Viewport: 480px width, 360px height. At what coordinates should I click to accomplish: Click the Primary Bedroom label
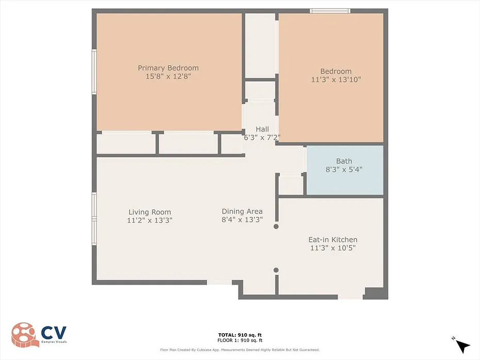pos(168,68)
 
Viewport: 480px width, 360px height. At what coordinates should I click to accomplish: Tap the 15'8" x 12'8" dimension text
pos(168,76)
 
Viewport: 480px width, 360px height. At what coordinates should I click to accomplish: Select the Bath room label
pos(344,161)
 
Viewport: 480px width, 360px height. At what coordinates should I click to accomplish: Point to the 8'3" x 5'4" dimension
pos(344,169)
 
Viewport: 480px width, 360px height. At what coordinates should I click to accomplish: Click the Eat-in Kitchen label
pos(333,239)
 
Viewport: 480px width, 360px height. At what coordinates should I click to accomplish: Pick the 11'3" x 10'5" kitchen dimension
pos(333,248)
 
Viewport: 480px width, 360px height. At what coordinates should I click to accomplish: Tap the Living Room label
pos(150,212)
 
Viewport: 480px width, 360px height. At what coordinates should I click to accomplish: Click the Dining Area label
pos(242,211)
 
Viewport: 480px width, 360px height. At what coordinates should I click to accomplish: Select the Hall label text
pos(262,129)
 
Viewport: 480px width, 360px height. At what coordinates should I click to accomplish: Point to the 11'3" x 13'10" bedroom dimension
pos(336,79)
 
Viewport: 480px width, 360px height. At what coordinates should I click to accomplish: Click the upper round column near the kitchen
pos(276,226)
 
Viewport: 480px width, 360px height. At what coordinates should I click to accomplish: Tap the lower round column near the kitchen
pos(276,270)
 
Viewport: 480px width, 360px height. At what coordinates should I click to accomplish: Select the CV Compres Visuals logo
pos(39,335)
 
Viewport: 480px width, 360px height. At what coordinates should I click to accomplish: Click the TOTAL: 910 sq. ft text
pos(240,335)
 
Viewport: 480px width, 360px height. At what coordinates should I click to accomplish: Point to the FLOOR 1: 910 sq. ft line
pos(240,340)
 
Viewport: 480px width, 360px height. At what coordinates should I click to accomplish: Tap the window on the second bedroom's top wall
pos(330,11)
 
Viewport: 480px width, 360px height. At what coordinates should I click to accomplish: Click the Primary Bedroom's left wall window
pos(94,72)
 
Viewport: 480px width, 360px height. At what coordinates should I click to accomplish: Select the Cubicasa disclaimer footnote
pos(240,350)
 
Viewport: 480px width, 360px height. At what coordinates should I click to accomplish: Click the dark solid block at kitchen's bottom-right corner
pos(375,293)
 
